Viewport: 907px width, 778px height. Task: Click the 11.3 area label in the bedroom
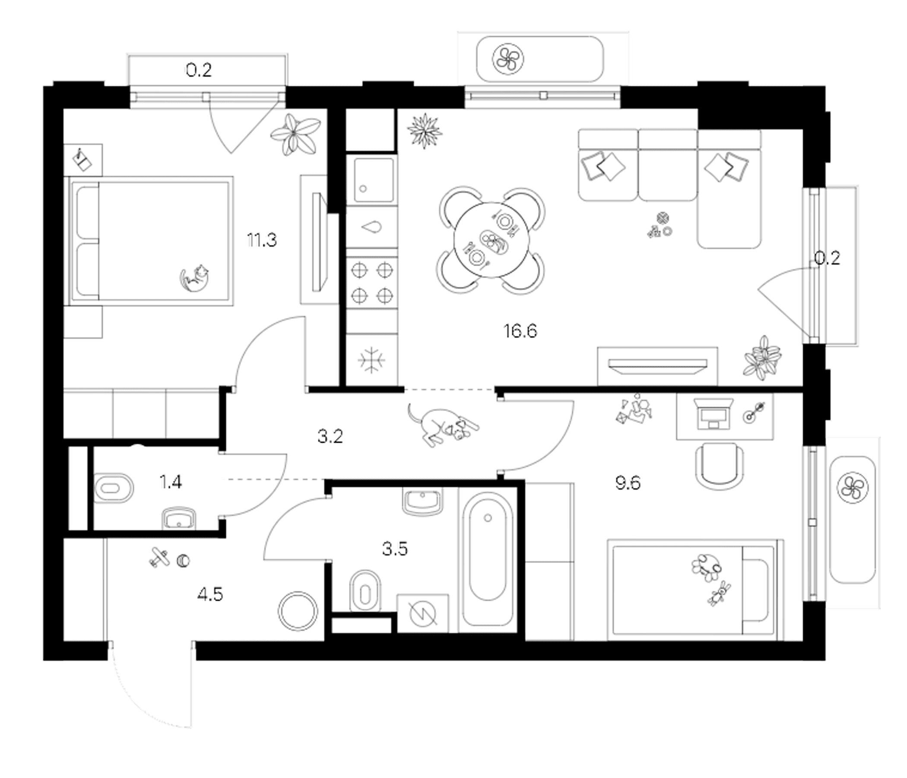coord(262,240)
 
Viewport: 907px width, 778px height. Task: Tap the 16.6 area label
coord(520,331)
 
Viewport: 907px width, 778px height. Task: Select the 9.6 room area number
coord(627,483)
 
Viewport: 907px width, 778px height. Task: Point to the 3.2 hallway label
coord(330,436)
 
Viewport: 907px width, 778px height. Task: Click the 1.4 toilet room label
coord(170,482)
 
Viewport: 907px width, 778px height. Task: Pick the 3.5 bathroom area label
coord(395,549)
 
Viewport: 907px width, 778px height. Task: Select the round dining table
coord(491,239)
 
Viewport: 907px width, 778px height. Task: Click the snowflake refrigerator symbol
coord(371,360)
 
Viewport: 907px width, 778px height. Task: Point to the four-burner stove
coord(371,283)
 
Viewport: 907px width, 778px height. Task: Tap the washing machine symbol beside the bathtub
coord(422,613)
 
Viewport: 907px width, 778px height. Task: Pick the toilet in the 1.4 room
coord(114,487)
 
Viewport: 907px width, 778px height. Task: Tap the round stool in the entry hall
coord(298,611)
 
